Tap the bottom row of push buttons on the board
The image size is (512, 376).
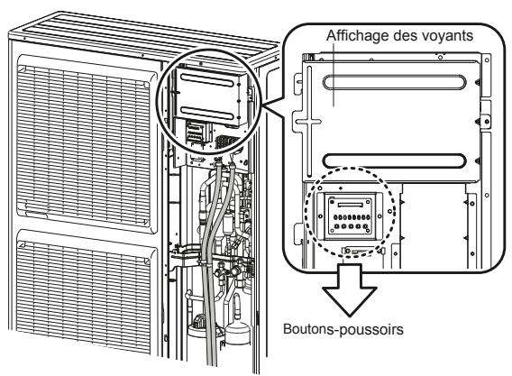click(x=347, y=229)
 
